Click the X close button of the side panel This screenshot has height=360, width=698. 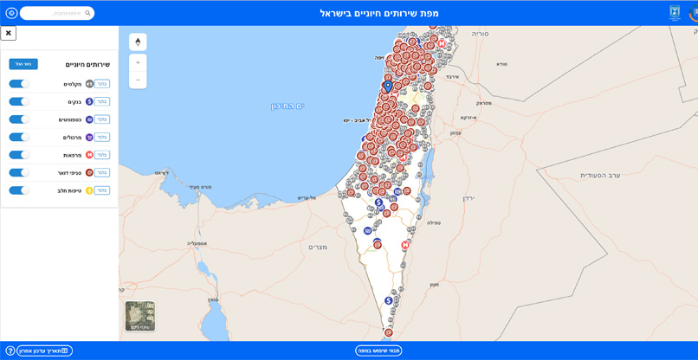pyautogui.click(x=9, y=33)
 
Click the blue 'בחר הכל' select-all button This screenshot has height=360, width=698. pyautogui.click(x=23, y=64)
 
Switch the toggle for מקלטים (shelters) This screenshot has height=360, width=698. pyautogui.click(x=19, y=84)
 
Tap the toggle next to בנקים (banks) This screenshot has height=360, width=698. pyautogui.click(x=19, y=101)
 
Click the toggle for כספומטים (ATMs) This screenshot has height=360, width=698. pyautogui.click(x=19, y=119)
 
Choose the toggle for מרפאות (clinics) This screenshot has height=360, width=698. pyautogui.click(x=19, y=155)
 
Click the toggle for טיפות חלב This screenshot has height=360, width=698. pyautogui.click(x=19, y=190)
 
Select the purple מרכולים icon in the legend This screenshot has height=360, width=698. pyautogui.click(x=89, y=138)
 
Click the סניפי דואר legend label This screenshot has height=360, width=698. pyautogui.click(x=69, y=173)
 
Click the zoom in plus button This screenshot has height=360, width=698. pyautogui.click(x=138, y=62)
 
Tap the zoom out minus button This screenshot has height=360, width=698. pyautogui.click(x=138, y=80)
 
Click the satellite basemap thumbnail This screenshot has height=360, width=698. pyautogui.click(x=139, y=316)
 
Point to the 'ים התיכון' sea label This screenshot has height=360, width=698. pyautogui.click(x=288, y=106)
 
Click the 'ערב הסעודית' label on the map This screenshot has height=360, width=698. pyautogui.click(x=600, y=176)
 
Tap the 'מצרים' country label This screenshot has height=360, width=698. pyautogui.click(x=318, y=247)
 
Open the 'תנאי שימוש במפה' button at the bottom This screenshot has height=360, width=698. pyautogui.click(x=378, y=350)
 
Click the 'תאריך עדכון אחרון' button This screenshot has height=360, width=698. pyautogui.click(x=44, y=350)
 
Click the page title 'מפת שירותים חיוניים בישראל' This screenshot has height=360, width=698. pyautogui.click(x=379, y=13)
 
